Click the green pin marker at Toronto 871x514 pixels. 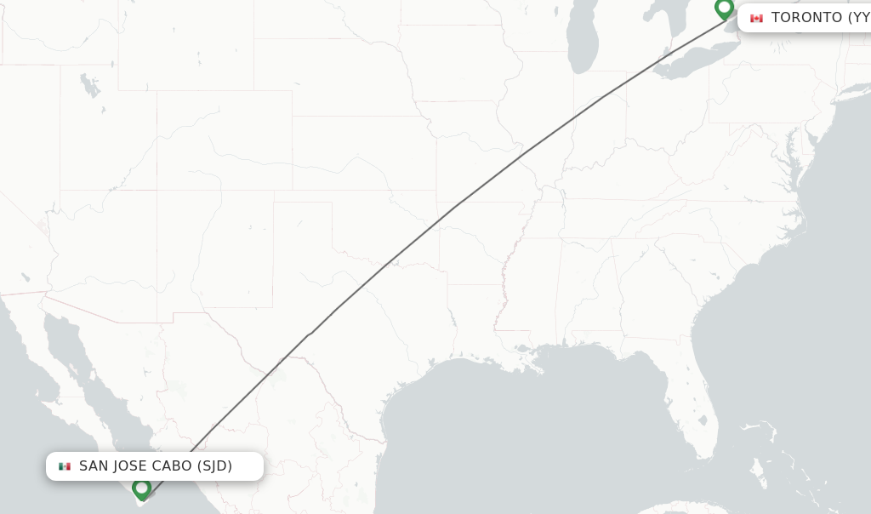(724, 9)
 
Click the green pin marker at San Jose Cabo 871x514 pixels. (141, 488)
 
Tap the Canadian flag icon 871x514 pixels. (756, 18)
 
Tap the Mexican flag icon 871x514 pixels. (65, 466)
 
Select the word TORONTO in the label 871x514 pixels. (806, 18)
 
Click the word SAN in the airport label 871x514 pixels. (94, 466)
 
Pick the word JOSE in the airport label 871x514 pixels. (131, 466)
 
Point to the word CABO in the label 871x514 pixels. (173, 466)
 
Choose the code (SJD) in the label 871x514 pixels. (214, 466)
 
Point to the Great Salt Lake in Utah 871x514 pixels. (88, 85)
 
